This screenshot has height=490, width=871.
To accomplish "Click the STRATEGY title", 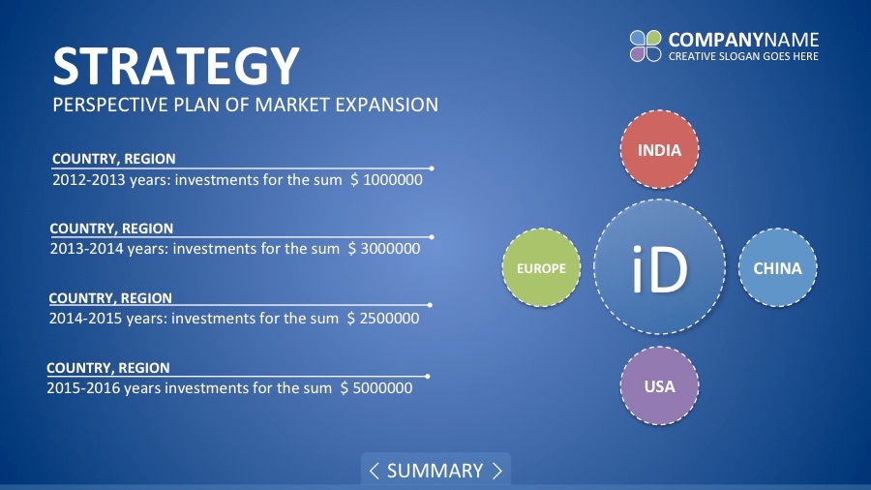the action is [176, 67].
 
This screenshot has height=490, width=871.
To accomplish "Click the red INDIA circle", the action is [659, 149].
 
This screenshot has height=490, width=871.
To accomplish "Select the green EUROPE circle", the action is [541, 268].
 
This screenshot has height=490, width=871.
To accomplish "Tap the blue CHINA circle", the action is [777, 268].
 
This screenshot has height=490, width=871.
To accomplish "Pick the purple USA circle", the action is [659, 386].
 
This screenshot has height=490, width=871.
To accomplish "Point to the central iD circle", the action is [659, 267].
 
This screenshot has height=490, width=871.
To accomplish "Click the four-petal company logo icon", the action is [646, 46].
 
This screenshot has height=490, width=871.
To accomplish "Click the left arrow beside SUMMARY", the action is [374, 471].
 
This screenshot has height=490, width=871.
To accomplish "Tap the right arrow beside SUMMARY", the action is [497, 471].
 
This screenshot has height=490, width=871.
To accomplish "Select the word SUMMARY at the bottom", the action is [435, 471].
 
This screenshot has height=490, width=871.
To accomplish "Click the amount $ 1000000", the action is [386, 180].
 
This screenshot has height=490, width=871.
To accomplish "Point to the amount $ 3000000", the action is [384, 248].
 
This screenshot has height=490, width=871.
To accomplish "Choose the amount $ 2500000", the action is [383, 319].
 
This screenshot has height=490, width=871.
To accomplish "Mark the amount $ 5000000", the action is [376, 387].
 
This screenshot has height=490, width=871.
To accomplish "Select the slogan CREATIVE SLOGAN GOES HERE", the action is [743, 56].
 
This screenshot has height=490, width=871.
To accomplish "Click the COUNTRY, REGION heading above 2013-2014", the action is [111, 229].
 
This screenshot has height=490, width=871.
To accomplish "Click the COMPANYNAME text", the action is [743, 40].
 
